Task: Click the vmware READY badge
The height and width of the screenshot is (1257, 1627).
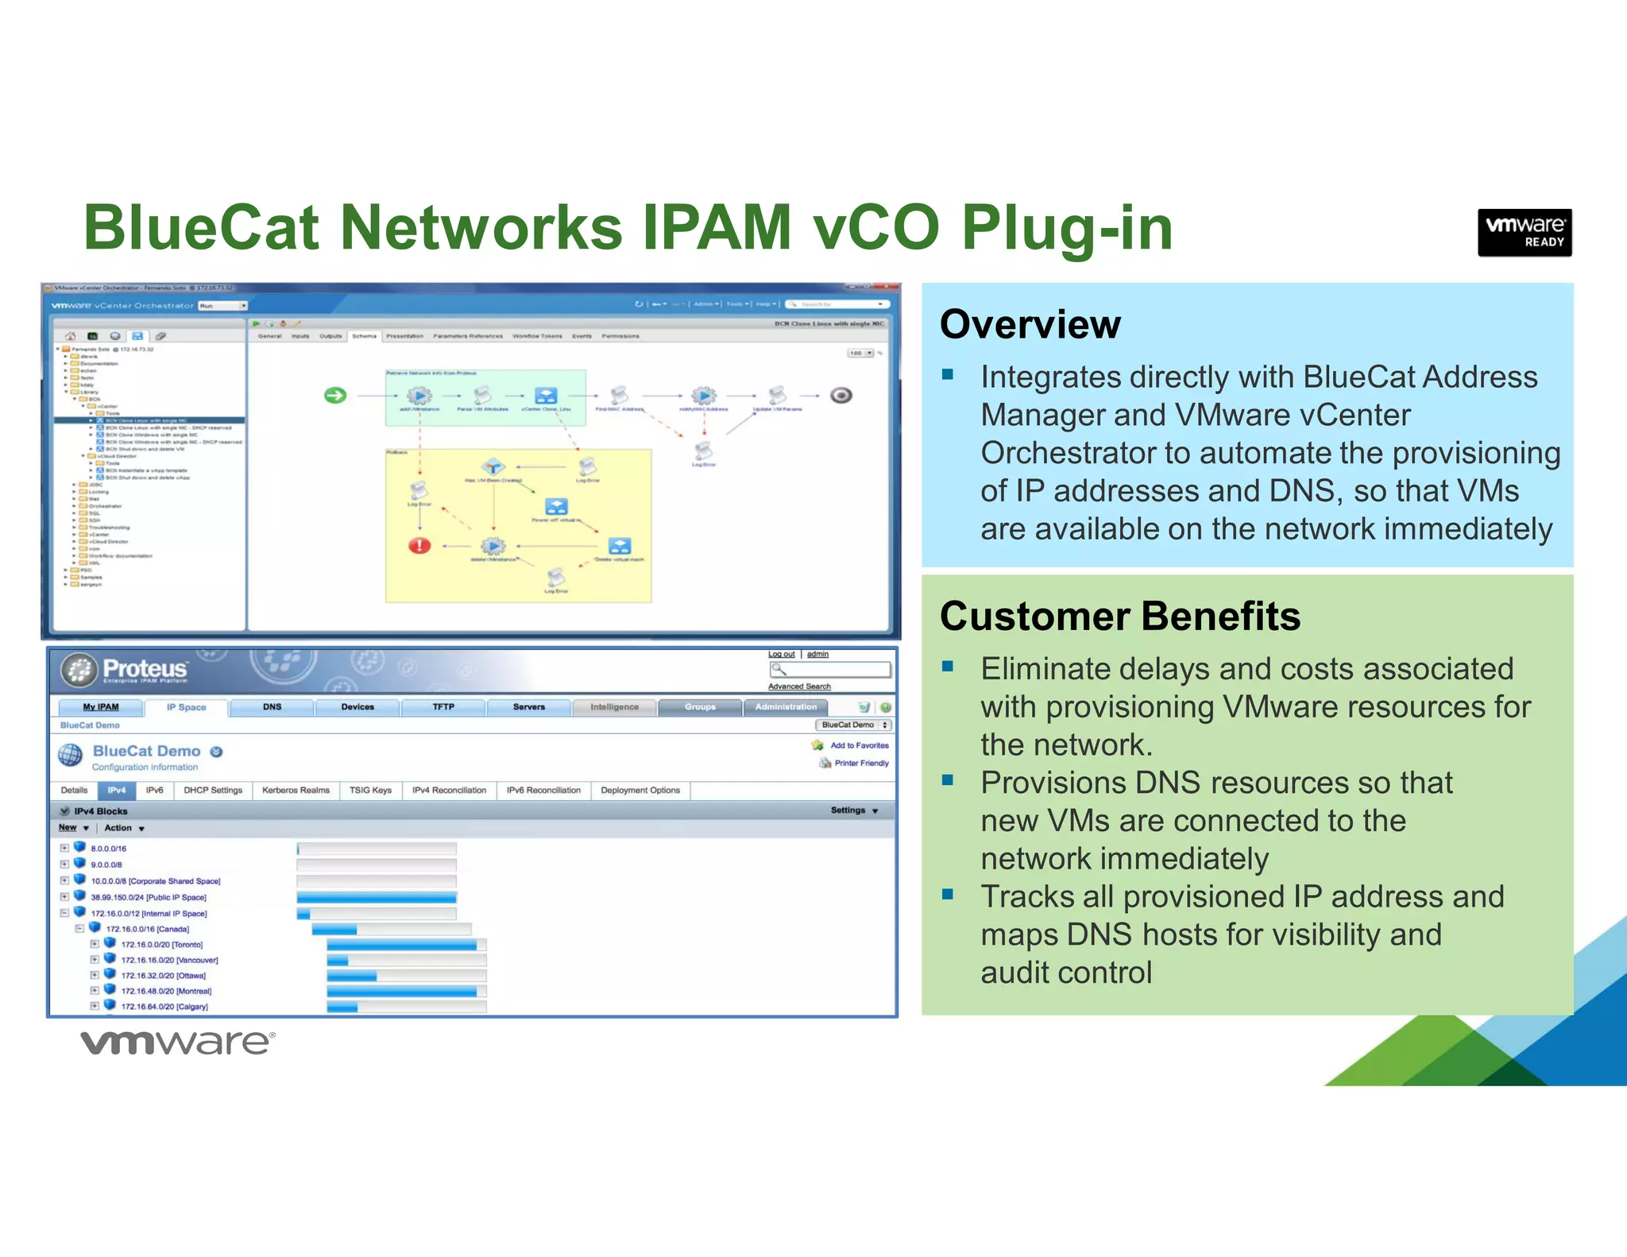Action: click(1524, 232)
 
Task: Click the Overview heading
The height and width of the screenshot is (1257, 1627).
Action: click(1030, 324)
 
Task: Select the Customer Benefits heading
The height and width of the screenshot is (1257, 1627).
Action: click(1119, 617)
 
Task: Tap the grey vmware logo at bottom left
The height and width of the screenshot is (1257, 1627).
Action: click(178, 1042)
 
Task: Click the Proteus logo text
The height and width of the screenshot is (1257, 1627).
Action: click(145, 669)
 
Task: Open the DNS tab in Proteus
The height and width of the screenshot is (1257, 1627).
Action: click(272, 707)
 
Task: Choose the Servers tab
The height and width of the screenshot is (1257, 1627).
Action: click(528, 707)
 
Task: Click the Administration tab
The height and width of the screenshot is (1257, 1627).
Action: click(785, 707)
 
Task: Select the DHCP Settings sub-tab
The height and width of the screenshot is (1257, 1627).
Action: click(212, 791)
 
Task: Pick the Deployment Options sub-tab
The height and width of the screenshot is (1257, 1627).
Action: click(640, 791)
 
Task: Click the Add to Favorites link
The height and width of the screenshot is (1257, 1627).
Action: click(859, 745)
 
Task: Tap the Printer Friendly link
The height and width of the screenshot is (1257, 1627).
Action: click(861, 763)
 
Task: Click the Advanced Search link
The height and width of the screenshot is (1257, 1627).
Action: click(799, 687)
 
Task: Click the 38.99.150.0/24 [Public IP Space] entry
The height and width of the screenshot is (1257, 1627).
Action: click(148, 897)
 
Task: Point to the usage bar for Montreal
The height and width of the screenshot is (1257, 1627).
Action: click(405, 991)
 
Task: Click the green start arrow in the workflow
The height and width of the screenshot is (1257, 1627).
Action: click(335, 395)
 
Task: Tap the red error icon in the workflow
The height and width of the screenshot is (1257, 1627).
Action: click(419, 545)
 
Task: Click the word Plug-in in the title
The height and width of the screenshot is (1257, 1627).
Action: click(1066, 228)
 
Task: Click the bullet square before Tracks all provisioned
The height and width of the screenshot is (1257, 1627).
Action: click(947, 895)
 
